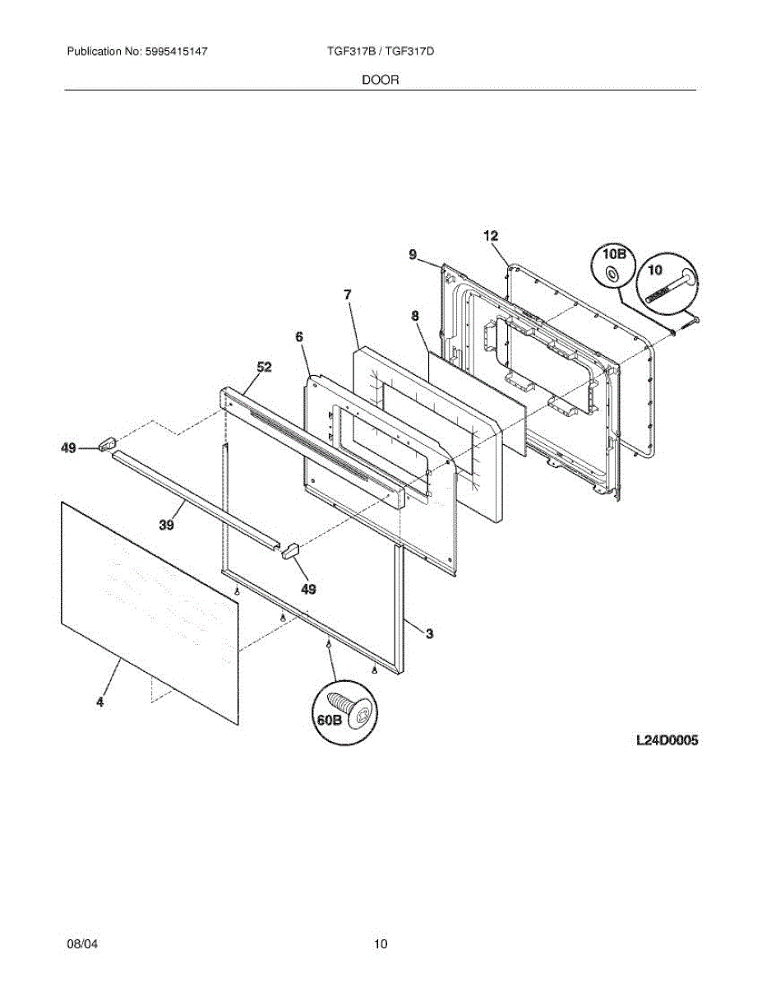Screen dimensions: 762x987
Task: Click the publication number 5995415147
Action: pyautogui.click(x=176, y=51)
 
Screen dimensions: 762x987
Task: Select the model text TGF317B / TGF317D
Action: pyautogui.click(x=380, y=51)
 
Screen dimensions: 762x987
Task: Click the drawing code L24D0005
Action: pyautogui.click(x=667, y=740)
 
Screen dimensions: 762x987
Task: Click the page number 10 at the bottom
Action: pyautogui.click(x=381, y=943)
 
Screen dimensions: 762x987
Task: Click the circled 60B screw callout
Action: pyautogui.click(x=344, y=712)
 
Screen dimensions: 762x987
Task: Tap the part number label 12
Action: pyautogui.click(x=491, y=236)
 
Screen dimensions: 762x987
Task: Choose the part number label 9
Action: pyautogui.click(x=413, y=255)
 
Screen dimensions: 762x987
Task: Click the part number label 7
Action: pyautogui.click(x=348, y=294)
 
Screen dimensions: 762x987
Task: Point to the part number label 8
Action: pyautogui.click(x=415, y=315)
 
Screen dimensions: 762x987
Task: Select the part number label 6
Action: pyautogui.click(x=299, y=336)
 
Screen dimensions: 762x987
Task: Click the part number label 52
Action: pyautogui.click(x=264, y=367)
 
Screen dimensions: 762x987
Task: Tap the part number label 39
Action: pyautogui.click(x=167, y=526)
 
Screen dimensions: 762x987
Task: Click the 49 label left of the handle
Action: pyautogui.click(x=68, y=448)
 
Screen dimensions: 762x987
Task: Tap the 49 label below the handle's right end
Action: pyautogui.click(x=308, y=589)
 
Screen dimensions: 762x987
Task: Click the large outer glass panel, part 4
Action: pyautogui.click(x=148, y=609)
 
